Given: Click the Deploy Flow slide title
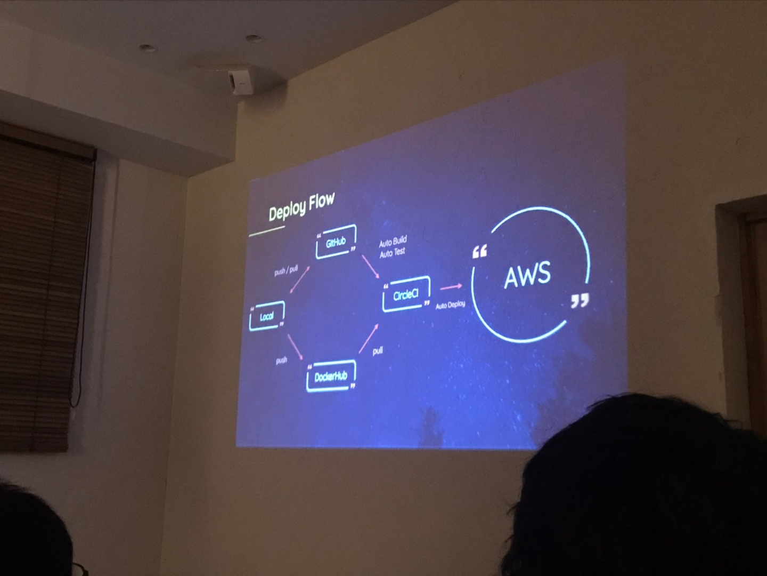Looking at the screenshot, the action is (x=301, y=207).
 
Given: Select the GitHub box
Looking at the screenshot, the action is (x=336, y=242).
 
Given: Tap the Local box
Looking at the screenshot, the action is (x=267, y=316).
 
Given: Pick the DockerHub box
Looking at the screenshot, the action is (x=331, y=377).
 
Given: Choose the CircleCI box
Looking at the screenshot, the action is (x=406, y=294).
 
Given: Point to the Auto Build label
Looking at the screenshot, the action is (x=393, y=242).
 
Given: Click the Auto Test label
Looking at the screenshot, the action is (x=392, y=252).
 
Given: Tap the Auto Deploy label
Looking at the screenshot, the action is (x=450, y=305).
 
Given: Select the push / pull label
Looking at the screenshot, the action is (x=286, y=270).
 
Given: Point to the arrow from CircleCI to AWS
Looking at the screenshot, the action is (x=451, y=287).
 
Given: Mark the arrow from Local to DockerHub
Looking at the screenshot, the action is (x=295, y=347).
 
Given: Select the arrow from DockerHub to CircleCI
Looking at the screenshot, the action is (x=369, y=338).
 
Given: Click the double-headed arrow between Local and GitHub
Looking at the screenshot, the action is (x=300, y=280).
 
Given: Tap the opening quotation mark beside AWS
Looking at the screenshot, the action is (x=479, y=252).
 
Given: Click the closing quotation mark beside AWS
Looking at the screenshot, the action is (x=580, y=301).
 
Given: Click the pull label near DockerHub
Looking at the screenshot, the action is (x=378, y=351).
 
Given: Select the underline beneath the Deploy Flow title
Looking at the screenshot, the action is (x=267, y=231).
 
